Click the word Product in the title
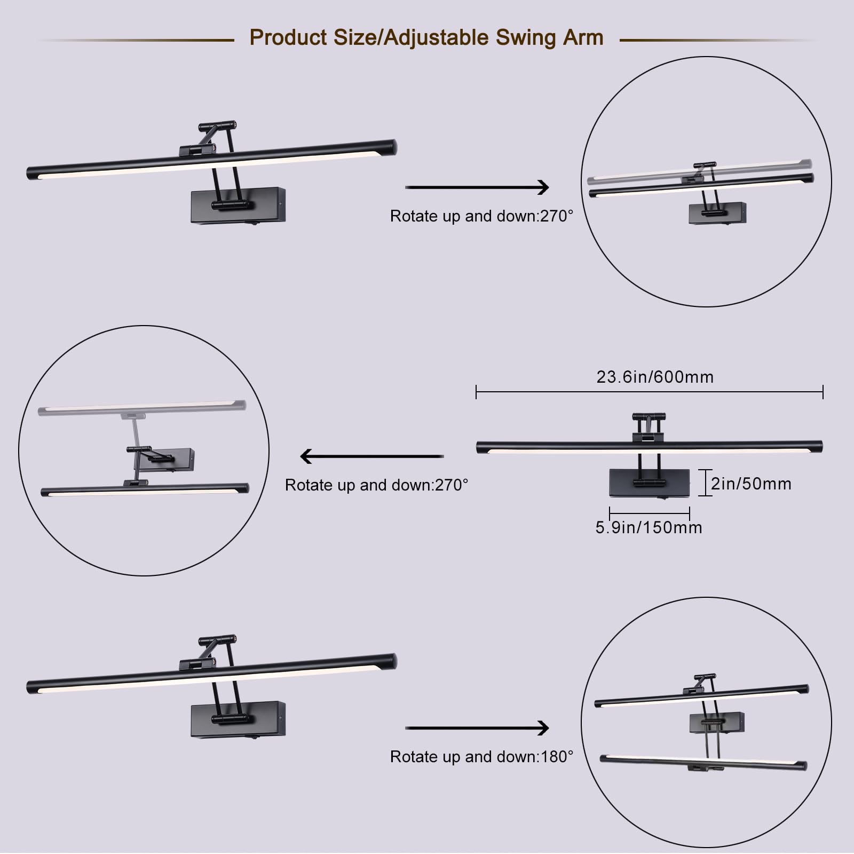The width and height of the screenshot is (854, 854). (288, 38)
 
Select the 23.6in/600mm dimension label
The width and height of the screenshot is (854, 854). (655, 377)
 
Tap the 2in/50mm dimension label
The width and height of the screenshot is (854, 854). (751, 484)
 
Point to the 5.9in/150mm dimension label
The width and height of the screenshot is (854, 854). (649, 527)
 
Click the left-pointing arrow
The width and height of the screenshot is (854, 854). (372, 456)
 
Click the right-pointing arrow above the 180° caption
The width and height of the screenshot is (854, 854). (477, 728)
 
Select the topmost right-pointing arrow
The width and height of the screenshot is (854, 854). (477, 187)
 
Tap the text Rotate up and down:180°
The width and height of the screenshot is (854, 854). (481, 756)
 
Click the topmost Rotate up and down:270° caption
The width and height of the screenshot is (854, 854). (481, 216)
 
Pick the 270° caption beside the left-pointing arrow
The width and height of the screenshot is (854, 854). (376, 485)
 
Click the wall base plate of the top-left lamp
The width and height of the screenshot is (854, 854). (238, 205)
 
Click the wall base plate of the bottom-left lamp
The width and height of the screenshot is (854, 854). (238, 719)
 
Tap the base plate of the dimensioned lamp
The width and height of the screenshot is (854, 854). (649, 483)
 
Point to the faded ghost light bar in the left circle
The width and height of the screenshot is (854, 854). (142, 408)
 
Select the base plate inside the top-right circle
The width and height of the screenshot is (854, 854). (717, 213)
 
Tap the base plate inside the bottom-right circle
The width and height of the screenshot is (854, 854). (717, 723)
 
